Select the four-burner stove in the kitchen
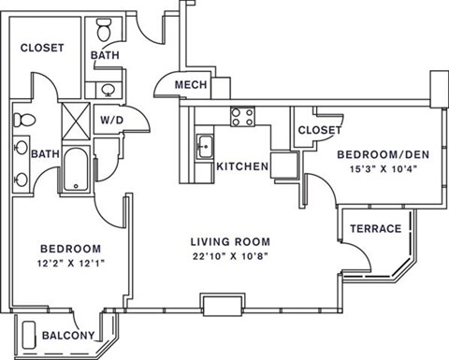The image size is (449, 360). (243, 117)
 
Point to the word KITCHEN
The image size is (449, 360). (242, 167)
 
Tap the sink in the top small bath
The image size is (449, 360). (108, 90)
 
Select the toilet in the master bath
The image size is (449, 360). (24, 120)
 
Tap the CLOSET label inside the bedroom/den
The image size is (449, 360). (319, 131)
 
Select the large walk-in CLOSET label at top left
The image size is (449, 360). (42, 48)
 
